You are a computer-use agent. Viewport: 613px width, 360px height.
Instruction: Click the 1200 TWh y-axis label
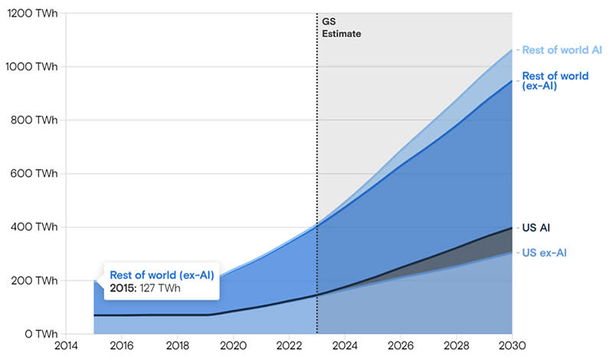point(29,13)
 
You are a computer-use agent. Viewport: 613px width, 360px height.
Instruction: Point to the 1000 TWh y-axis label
point(29,67)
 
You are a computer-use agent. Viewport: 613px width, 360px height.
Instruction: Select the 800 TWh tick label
point(31,120)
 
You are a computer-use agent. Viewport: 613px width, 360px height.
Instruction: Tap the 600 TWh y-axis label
point(31,174)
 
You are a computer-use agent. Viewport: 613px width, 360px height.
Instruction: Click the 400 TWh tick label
point(31,227)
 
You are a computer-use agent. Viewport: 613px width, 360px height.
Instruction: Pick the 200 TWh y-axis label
point(31,281)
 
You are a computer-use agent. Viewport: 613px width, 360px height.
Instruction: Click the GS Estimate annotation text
point(341,28)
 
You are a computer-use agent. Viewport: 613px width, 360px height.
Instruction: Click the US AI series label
point(536,227)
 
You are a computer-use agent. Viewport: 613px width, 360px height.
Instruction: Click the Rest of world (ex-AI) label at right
point(555,81)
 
